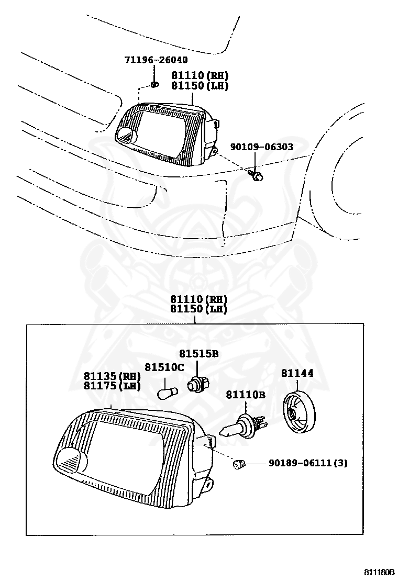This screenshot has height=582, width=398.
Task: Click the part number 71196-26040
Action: [156, 60]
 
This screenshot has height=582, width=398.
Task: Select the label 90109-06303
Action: [261, 148]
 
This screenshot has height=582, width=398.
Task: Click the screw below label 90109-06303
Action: [255, 175]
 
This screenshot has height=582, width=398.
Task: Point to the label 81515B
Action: [198, 354]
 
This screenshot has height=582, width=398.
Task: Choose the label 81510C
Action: [164, 367]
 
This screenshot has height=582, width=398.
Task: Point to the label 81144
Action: [297, 373]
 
